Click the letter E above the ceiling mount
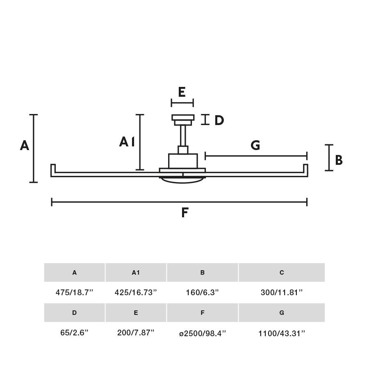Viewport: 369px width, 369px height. pyautogui.click(x=182, y=92)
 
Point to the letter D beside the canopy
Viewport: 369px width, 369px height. pyautogui.click(x=219, y=120)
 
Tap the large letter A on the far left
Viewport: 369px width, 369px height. pyautogui.click(x=25, y=146)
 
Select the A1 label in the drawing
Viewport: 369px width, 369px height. pyautogui.click(x=127, y=142)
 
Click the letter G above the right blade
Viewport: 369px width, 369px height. pyautogui.click(x=255, y=145)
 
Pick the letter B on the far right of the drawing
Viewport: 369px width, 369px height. pyautogui.click(x=339, y=160)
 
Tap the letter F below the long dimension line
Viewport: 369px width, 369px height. pyautogui.click(x=185, y=212)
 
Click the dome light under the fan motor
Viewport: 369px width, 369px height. pyautogui.click(x=182, y=180)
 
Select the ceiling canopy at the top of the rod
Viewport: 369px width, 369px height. pyautogui.click(x=183, y=120)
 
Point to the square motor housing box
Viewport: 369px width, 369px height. pyautogui.click(x=183, y=161)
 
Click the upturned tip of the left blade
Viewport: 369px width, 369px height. pyautogui.click(x=53, y=168)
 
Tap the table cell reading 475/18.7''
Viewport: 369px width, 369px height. pyautogui.click(x=74, y=292)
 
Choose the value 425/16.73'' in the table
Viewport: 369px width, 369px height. pyautogui.click(x=136, y=292)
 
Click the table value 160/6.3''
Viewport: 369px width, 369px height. pyautogui.click(x=203, y=292)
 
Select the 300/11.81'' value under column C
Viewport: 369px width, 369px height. pyautogui.click(x=282, y=292)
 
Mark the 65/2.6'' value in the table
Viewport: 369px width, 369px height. pyautogui.click(x=74, y=333)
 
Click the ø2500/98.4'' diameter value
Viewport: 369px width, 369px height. pyautogui.click(x=203, y=333)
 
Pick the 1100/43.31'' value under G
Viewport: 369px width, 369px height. pyautogui.click(x=282, y=333)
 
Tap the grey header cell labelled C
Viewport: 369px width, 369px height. pyautogui.click(x=282, y=273)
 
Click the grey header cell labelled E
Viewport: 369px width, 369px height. pyautogui.click(x=136, y=312)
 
